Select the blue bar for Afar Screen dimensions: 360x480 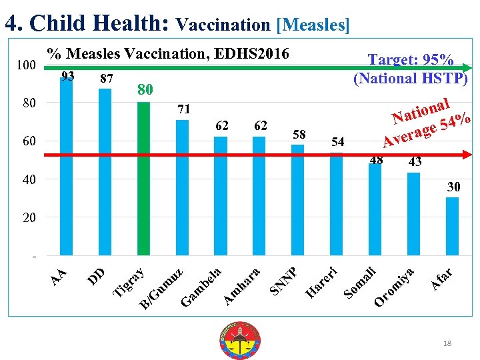tap(452, 226)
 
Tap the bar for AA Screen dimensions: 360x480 tap(67, 167)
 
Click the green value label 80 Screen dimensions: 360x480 tap(145, 89)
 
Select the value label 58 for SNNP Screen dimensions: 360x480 tap(299, 135)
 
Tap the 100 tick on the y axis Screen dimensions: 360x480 tap(26, 65)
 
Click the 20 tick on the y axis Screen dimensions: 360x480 tap(27, 218)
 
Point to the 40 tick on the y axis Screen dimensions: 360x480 tap(27, 180)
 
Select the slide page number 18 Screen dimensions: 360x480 tap(447, 343)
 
